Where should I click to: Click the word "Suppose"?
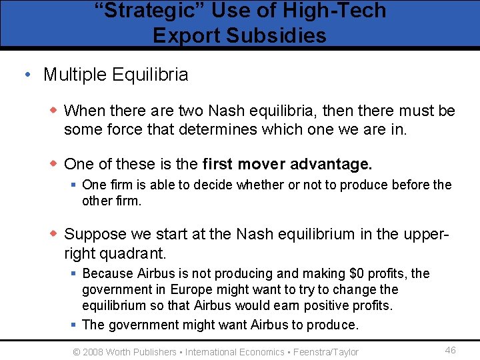point(95,234)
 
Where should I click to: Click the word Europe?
point(191,290)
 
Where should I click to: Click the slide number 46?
point(450,350)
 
